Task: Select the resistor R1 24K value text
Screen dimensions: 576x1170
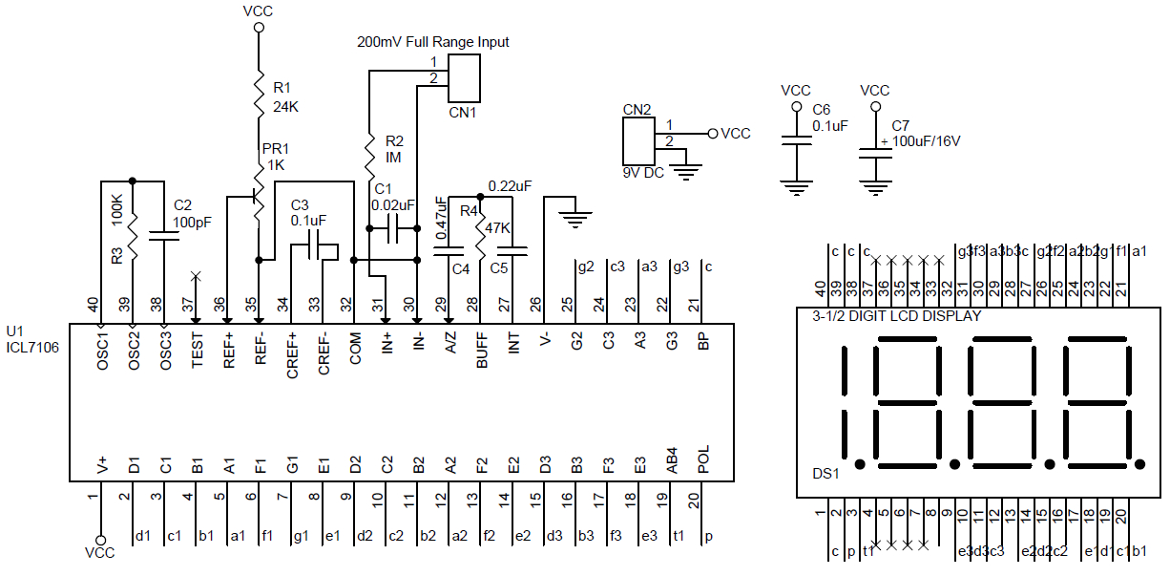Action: (286, 106)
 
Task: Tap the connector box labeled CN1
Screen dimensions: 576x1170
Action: (464, 78)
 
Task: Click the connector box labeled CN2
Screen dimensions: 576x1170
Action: (637, 141)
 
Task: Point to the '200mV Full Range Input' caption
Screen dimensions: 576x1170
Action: (432, 42)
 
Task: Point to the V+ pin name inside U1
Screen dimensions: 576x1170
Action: (102, 464)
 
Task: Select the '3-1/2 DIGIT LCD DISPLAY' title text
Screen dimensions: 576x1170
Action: (896, 315)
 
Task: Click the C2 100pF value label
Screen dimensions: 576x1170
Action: (192, 222)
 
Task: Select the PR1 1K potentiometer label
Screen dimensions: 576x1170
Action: (276, 157)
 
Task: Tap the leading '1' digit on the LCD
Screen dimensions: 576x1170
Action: (846, 401)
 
